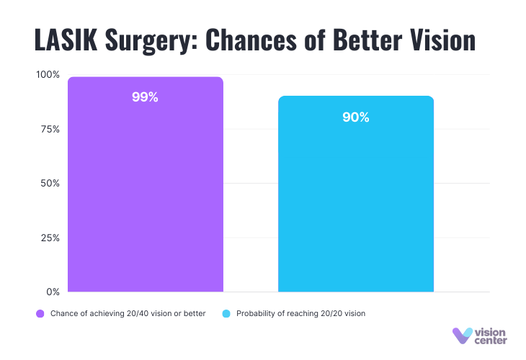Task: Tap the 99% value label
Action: tap(145, 97)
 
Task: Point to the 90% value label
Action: tap(356, 117)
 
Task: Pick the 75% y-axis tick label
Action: tap(50, 129)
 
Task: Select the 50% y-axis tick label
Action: tap(50, 184)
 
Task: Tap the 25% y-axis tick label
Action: tap(50, 238)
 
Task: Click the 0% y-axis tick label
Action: tap(53, 292)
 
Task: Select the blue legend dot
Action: tap(226, 314)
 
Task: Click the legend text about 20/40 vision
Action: tap(128, 314)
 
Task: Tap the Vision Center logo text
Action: tap(491, 336)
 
